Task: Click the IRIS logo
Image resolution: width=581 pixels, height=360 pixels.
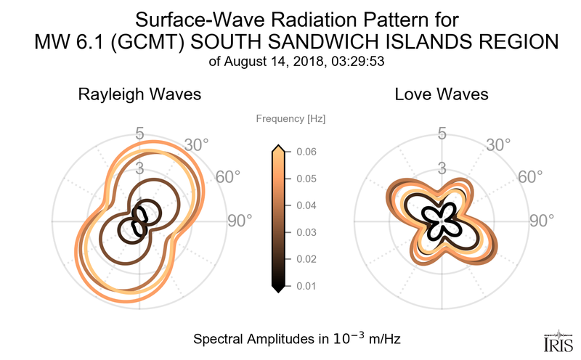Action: [x=557, y=340]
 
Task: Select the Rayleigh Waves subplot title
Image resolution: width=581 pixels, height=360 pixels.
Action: [x=139, y=94]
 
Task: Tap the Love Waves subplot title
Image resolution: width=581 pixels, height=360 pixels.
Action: [x=441, y=94]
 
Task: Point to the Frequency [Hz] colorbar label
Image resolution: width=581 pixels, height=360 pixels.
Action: [x=285, y=118]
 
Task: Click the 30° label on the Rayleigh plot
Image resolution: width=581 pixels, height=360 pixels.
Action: [x=195, y=145]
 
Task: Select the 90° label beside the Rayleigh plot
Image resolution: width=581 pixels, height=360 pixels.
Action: [x=238, y=221]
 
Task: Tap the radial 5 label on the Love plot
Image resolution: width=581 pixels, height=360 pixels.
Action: [x=441, y=134]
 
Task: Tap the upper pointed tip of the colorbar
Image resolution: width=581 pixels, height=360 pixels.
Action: [x=277, y=148]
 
